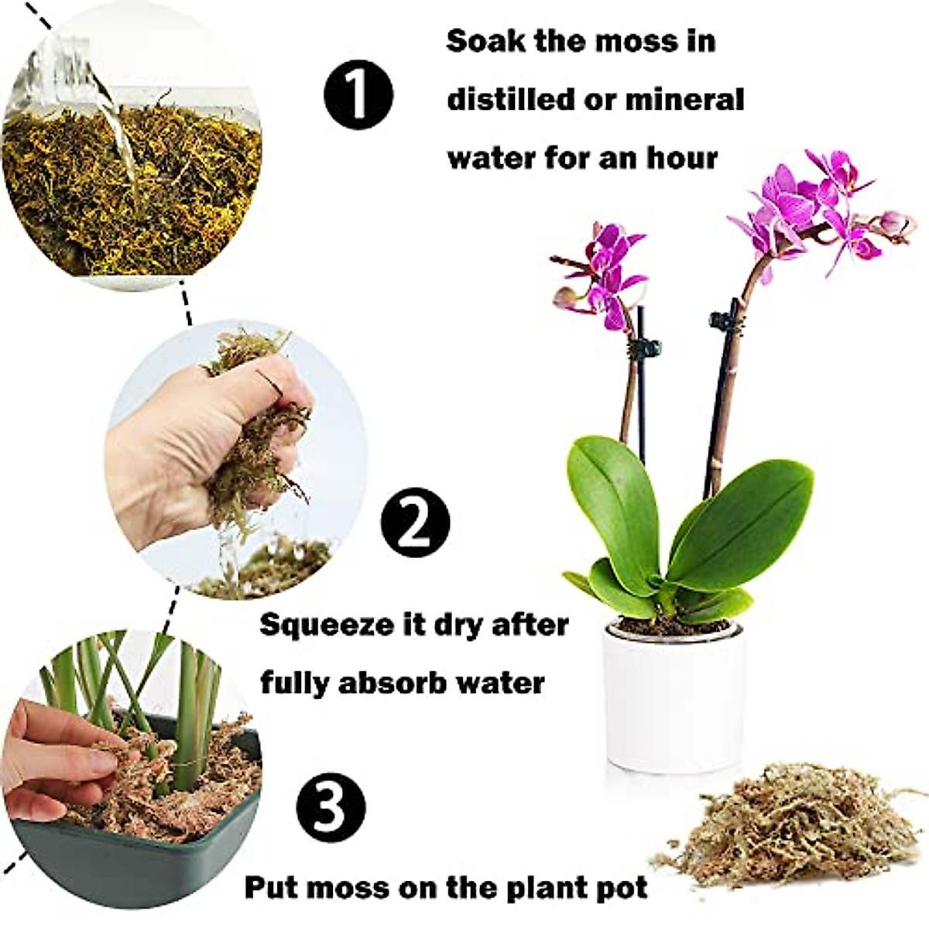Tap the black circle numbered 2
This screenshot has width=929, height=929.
click(415, 524)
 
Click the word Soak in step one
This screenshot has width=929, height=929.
click(485, 41)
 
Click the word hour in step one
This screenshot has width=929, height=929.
click(682, 158)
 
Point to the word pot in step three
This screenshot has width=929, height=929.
click(624, 887)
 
